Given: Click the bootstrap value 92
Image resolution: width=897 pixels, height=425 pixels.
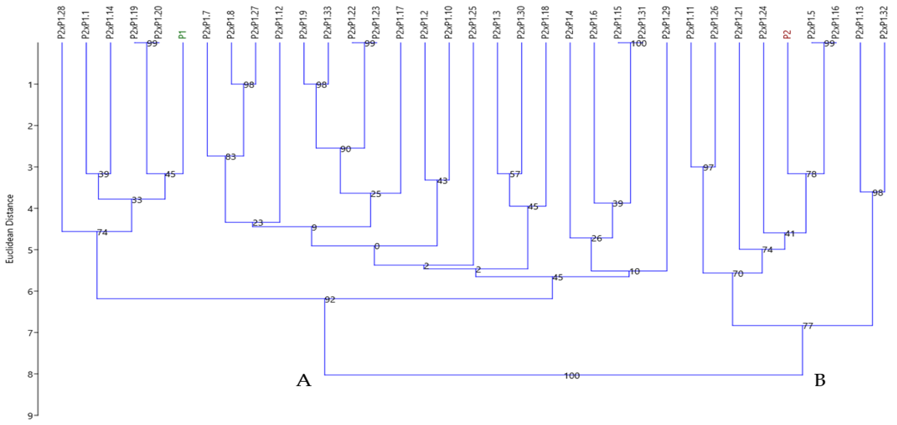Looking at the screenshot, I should pos(330,300).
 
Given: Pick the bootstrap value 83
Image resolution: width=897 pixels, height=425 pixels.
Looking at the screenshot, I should pos(230,157).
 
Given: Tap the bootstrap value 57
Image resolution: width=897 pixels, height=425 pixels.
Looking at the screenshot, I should pos(515,174).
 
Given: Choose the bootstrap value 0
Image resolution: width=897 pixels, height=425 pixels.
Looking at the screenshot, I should pos(377,246).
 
